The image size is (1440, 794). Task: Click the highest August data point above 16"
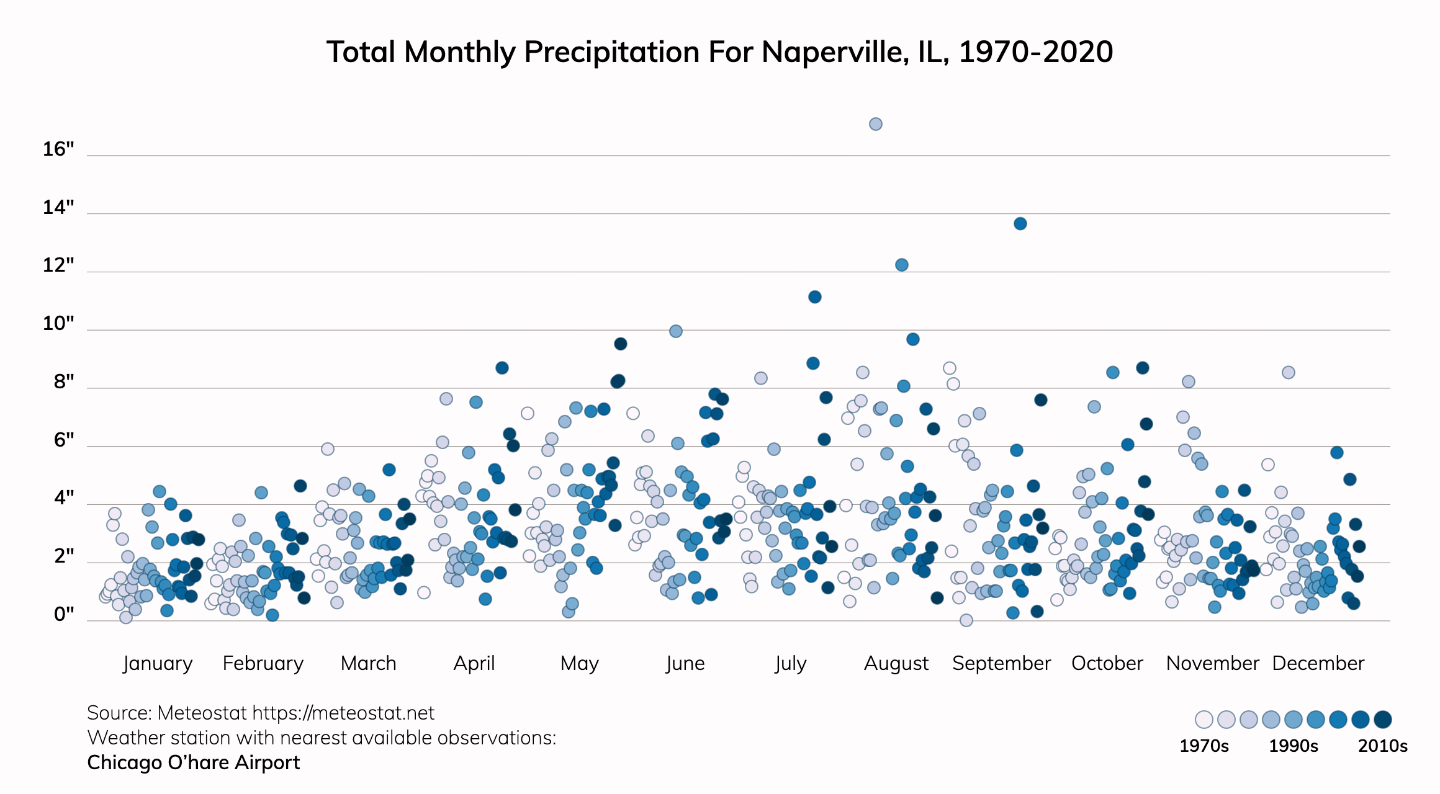(875, 124)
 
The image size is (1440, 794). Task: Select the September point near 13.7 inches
(1020, 223)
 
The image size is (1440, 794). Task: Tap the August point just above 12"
(902, 265)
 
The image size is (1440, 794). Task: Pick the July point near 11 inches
(815, 297)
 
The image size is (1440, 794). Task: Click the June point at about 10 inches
(676, 331)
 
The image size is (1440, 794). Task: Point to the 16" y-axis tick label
(58, 149)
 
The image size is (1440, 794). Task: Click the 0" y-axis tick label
(63, 614)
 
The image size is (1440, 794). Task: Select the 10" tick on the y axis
(58, 323)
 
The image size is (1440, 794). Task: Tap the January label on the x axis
(158, 663)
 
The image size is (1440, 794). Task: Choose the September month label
(1001, 663)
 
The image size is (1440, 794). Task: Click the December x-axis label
(1318, 663)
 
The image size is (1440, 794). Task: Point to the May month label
(579, 663)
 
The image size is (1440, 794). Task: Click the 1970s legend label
(1204, 746)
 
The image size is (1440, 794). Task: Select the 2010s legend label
(1382, 746)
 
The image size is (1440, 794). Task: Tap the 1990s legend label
(1293, 746)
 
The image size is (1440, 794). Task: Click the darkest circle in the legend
(1382, 720)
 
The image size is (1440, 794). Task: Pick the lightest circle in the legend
(1204, 720)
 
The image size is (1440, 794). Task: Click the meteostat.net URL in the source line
(343, 713)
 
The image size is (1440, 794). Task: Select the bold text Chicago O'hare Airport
(193, 762)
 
